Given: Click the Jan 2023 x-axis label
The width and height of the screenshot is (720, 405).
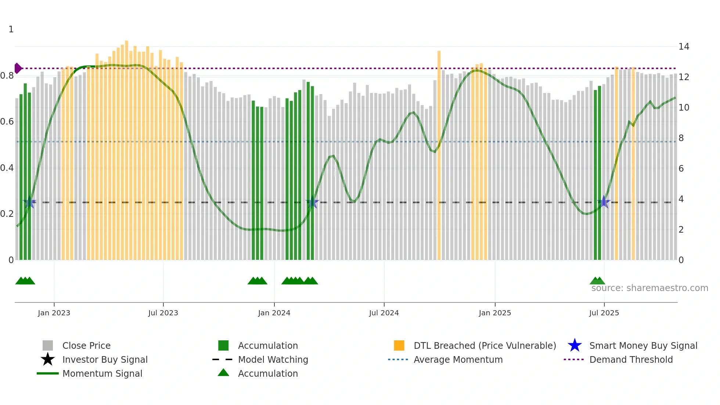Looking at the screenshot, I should point(54,313).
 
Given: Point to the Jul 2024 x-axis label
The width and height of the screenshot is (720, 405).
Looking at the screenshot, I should point(384,313).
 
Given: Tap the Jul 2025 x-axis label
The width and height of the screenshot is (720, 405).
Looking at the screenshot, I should point(604,313).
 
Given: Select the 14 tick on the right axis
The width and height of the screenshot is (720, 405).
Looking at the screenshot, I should point(684,47).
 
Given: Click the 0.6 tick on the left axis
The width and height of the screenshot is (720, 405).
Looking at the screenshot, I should point(7,122).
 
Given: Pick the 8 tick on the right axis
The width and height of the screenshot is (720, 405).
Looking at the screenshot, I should point(681,138).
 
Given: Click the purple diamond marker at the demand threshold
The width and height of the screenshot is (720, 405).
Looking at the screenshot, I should point(18,68).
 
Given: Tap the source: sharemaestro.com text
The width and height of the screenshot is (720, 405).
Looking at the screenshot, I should point(649,288).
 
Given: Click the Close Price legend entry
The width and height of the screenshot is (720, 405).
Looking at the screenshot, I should point(86,345).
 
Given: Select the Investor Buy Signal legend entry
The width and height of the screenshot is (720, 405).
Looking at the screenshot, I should point(105,359).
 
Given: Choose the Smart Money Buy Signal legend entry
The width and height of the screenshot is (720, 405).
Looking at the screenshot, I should point(643,345).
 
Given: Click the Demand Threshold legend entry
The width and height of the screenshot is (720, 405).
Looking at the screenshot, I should point(631,359).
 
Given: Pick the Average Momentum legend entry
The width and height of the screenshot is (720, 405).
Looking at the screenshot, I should point(458,359).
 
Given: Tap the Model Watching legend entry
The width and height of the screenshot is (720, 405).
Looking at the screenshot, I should point(273,359).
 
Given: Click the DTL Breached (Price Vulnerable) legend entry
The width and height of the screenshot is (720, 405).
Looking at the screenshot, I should point(485,345).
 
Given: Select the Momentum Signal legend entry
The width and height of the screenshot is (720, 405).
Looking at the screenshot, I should point(102,373).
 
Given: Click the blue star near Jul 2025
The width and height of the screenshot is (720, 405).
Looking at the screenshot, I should point(604,202).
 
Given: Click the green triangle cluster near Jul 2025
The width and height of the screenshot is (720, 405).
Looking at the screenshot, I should point(597,281).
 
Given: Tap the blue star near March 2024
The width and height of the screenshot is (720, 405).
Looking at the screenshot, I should point(312,202).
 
